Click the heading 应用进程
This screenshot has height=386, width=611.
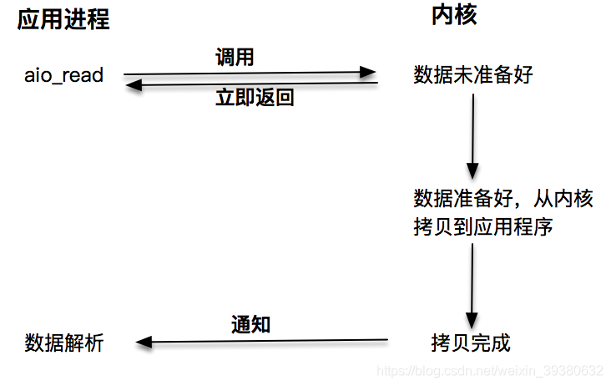click(63, 21)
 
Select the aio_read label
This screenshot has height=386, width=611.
click(64, 75)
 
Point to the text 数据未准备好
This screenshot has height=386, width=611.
click(473, 75)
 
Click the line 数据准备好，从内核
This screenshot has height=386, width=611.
click(503, 199)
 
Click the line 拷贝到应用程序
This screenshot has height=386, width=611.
click(483, 226)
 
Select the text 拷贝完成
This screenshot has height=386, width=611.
click(470, 343)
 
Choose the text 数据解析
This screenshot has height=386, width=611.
click(64, 343)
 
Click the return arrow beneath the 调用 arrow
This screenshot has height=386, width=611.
click(250, 84)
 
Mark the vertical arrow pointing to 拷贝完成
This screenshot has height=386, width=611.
click(473, 284)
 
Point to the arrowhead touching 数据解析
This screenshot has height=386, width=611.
click(143, 341)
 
